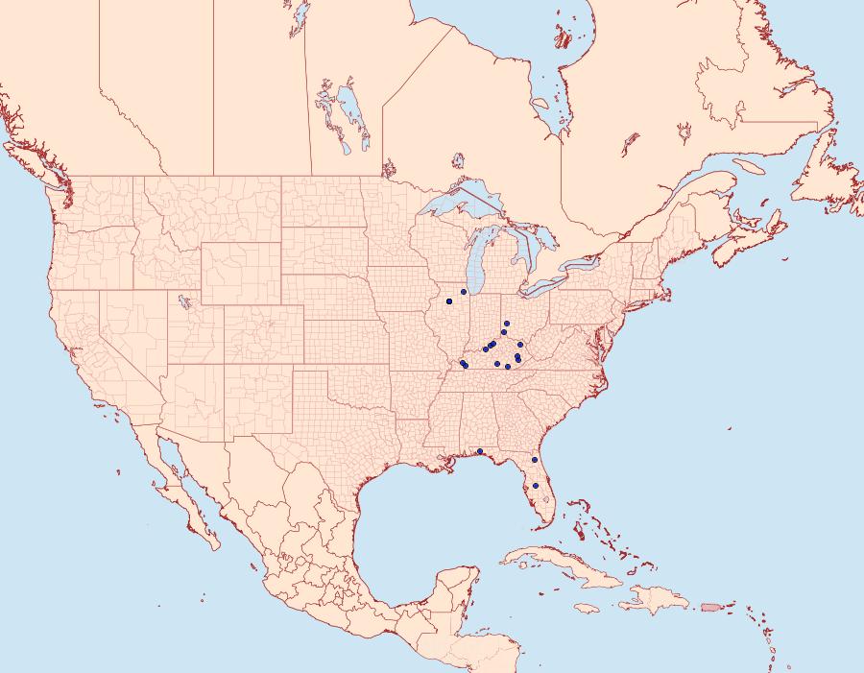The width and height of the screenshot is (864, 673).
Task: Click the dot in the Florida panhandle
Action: pyautogui.click(x=479, y=451)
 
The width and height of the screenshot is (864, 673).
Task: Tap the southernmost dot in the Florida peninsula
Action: pyautogui.click(x=536, y=486)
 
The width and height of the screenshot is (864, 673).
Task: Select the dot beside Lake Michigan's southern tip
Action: pyautogui.click(x=464, y=291)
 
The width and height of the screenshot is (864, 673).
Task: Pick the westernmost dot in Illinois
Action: pyautogui.click(x=449, y=301)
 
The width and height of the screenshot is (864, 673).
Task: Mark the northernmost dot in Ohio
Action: pyautogui.click(x=506, y=324)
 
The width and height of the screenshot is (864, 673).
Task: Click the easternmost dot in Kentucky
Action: pyautogui.click(x=519, y=344)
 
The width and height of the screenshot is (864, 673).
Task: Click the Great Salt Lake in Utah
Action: pyautogui.click(x=181, y=301)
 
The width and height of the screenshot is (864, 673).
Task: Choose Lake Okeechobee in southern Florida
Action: pyautogui.click(x=546, y=500)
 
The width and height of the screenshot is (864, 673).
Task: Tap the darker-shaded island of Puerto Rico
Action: pyautogui.click(x=711, y=606)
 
